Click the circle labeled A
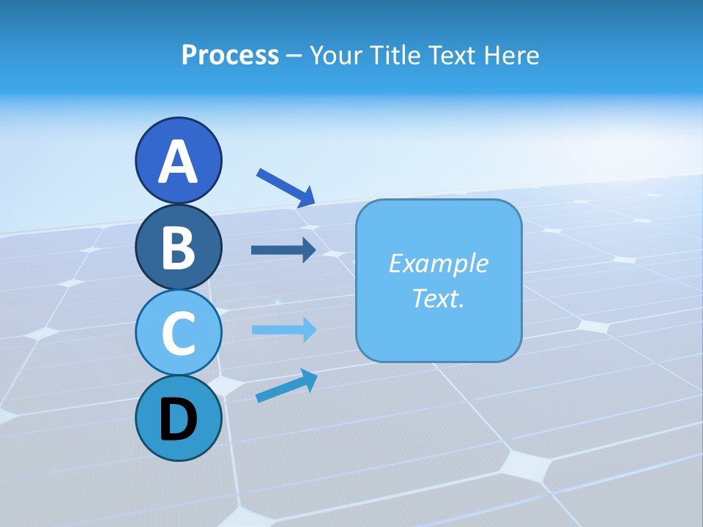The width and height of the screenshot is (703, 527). (x=178, y=160)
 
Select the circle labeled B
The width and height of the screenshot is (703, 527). (x=178, y=247)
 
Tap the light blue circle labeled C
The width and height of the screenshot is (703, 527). (x=178, y=332)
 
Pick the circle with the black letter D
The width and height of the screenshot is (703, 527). (x=178, y=418)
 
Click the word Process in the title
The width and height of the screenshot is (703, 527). (x=230, y=55)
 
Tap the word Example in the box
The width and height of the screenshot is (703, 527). (x=439, y=263)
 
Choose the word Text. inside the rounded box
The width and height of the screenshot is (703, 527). (x=439, y=298)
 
